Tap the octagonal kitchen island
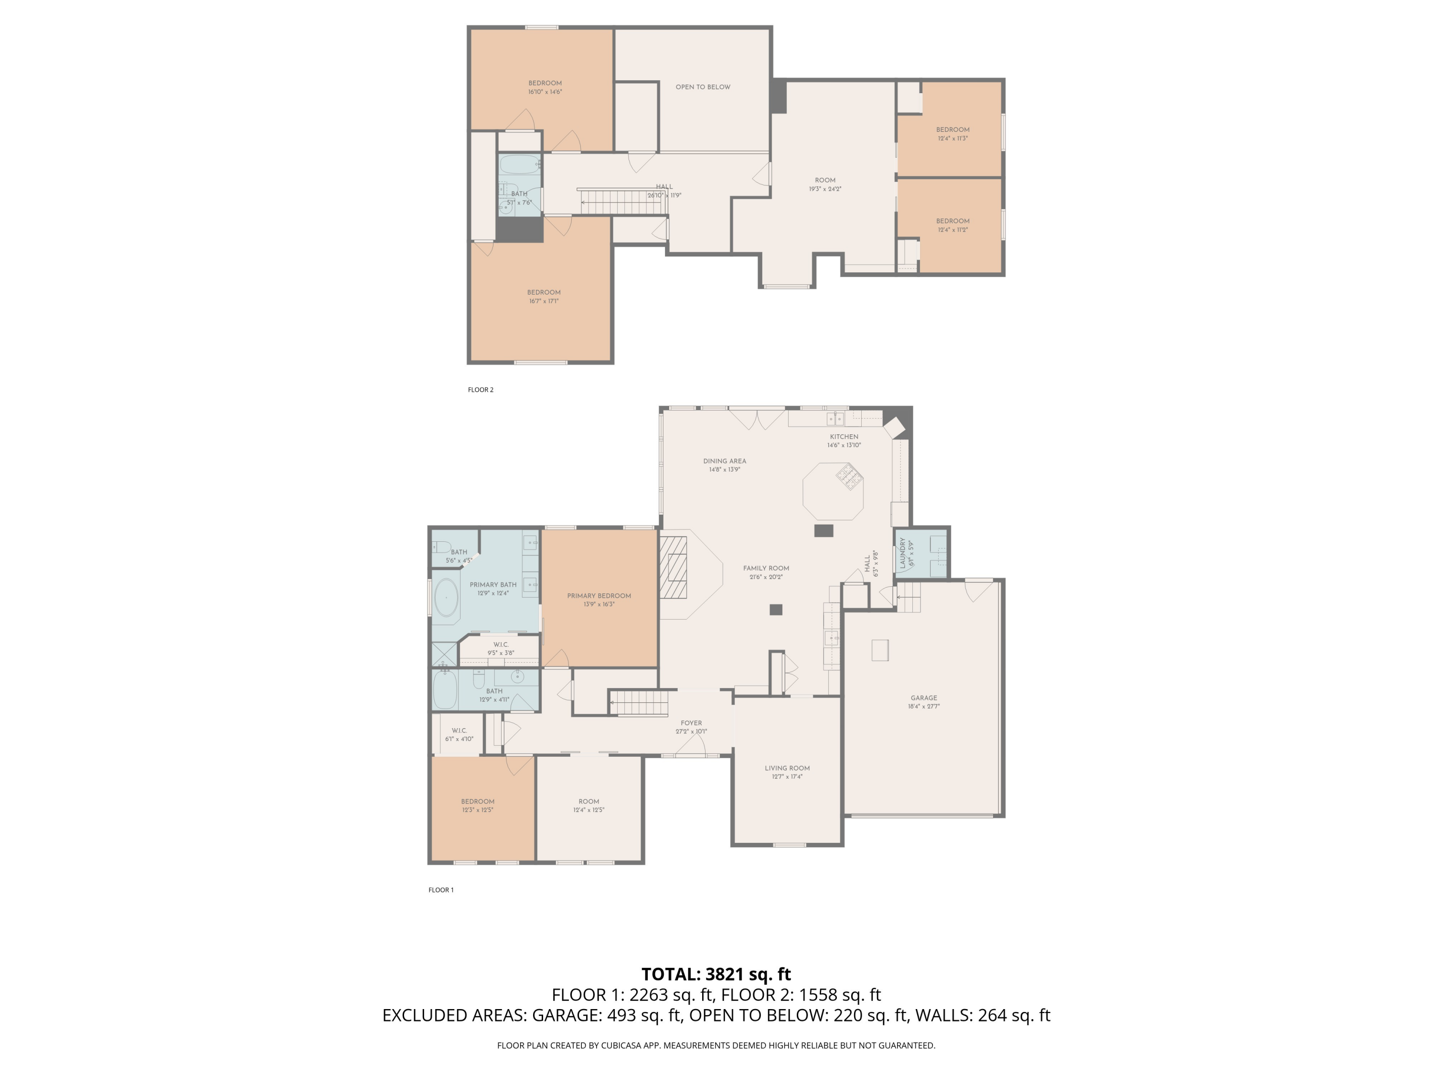pos(833,491)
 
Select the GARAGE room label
pos(923,698)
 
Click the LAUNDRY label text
pos(902,553)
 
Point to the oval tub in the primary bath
pos(446,597)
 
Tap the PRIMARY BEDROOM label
pos(599,595)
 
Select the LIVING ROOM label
pos(786,768)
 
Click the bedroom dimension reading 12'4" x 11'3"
pos(952,139)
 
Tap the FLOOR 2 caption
pos(480,389)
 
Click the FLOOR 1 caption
pos(440,890)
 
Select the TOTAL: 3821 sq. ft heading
pos(716,974)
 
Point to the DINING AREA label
pos(724,461)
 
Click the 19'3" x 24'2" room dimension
pos(824,189)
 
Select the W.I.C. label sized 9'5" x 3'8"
pos(500,644)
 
